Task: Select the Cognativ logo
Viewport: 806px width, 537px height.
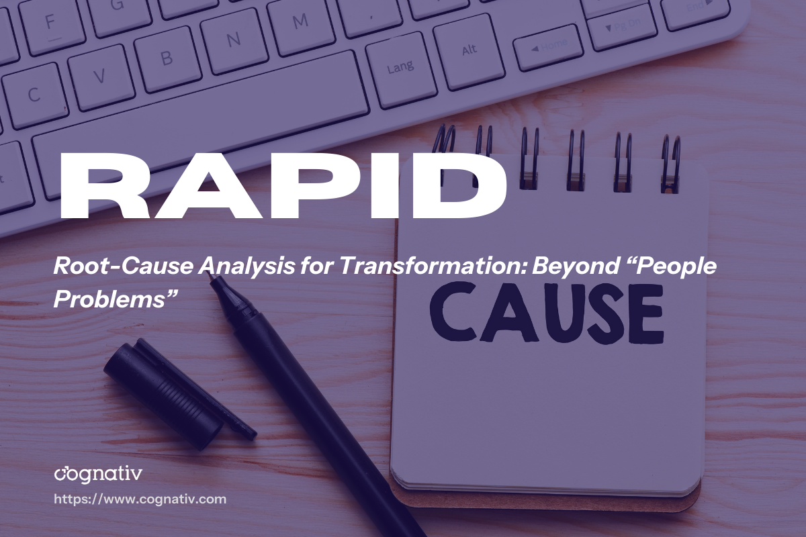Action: [x=97, y=475]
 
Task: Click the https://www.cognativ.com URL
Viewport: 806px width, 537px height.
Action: [x=140, y=499]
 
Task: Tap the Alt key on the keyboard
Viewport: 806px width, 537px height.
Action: [x=469, y=50]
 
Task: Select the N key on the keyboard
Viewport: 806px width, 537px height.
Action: [x=232, y=40]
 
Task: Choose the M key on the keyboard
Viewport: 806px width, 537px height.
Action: [x=300, y=23]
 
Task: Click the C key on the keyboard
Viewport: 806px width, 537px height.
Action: [x=34, y=93]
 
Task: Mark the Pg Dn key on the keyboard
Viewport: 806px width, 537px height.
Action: [x=621, y=27]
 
